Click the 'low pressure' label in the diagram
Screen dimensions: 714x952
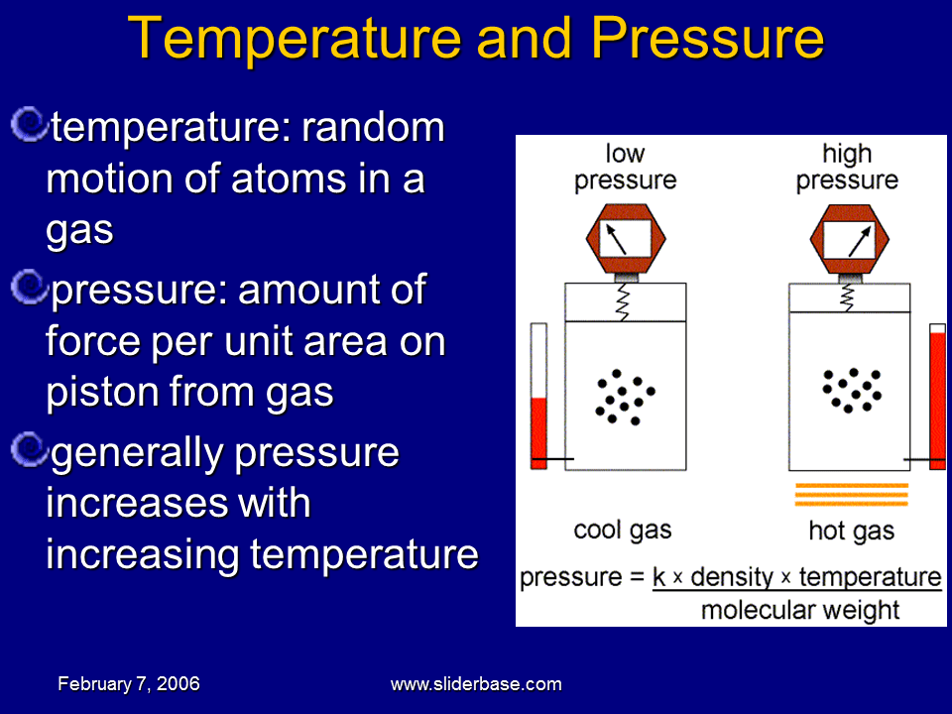tap(625, 167)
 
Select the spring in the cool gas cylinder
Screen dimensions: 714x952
tap(625, 297)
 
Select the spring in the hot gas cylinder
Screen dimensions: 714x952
tap(848, 296)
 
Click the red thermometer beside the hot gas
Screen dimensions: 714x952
tap(936, 397)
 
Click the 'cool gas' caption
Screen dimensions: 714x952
tap(623, 530)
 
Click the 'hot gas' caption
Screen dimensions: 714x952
tap(851, 531)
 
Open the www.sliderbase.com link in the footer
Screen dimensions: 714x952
tap(476, 684)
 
